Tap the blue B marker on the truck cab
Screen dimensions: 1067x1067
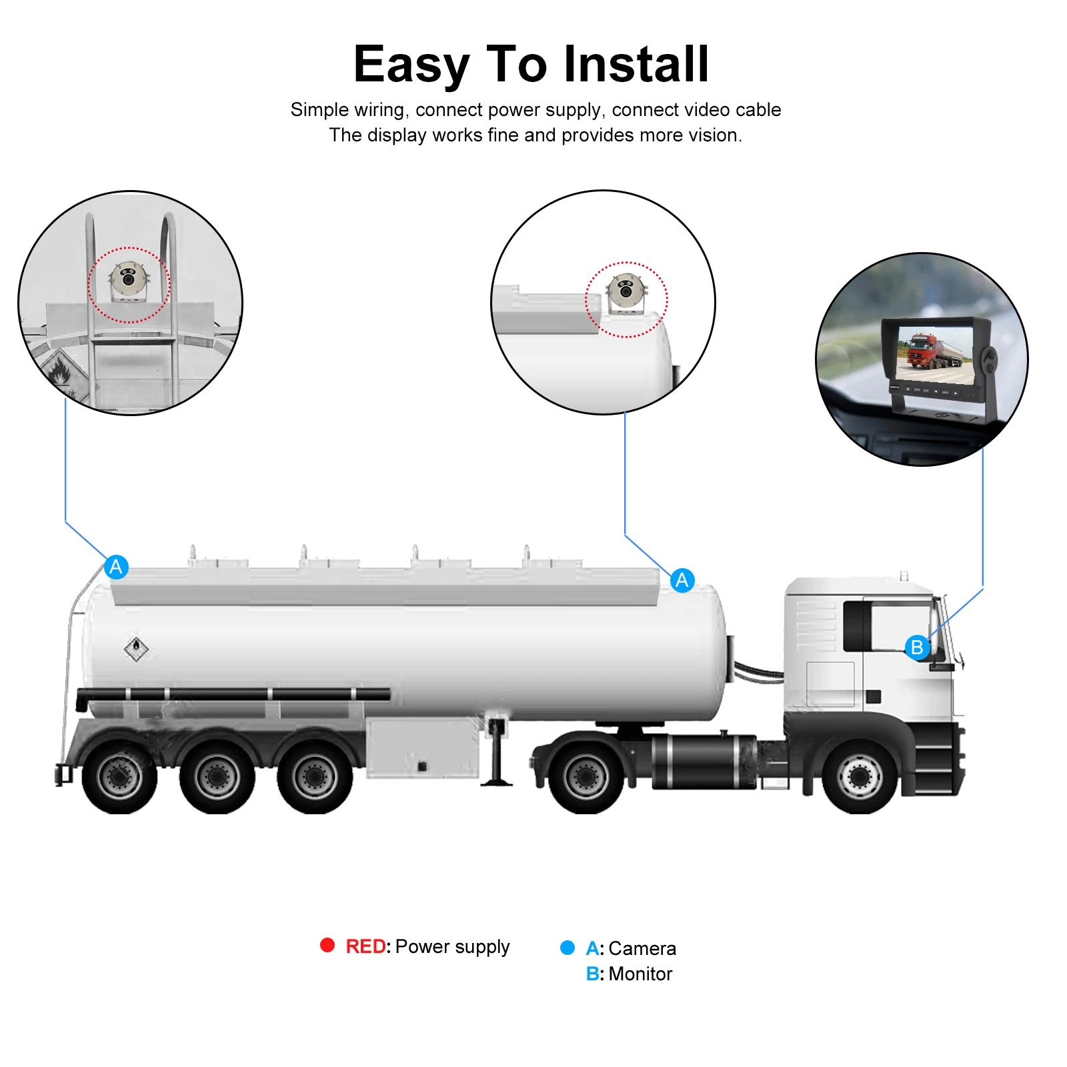click(917, 647)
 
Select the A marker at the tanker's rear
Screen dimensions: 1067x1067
click(116, 567)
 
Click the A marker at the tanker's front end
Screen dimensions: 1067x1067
click(682, 580)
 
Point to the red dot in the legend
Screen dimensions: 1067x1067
click(327, 945)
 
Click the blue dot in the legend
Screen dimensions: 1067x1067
click(567, 948)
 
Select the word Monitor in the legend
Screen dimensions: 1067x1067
click(640, 974)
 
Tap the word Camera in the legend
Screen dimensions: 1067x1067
click(642, 948)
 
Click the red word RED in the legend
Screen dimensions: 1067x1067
click(365, 946)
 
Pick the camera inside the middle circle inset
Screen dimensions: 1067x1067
click(626, 291)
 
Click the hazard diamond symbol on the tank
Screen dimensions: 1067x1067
click(136, 648)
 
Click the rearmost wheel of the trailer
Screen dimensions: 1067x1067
click(119, 777)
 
